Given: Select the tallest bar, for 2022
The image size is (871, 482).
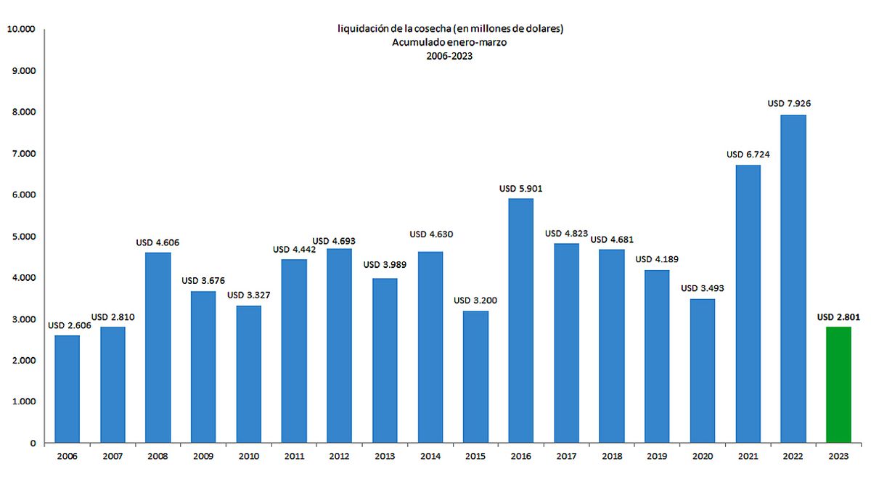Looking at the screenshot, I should [x=793, y=279].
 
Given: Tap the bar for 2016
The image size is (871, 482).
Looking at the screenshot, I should [x=520, y=320].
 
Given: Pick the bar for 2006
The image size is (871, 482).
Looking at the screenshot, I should [x=68, y=388].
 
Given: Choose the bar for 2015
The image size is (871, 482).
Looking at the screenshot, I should [x=475, y=377].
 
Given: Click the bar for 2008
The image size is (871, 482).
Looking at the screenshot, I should [x=158, y=347].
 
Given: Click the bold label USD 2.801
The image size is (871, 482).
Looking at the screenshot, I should [x=838, y=316].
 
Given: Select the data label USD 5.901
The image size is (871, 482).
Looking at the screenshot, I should [x=520, y=189].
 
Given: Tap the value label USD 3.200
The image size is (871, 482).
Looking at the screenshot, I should [x=475, y=301].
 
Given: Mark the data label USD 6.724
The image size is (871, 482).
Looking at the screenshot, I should [x=748, y=155].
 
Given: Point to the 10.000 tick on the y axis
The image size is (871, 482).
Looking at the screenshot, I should [x=20, y=30].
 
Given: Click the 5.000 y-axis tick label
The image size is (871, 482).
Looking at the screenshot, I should [x=23, y=237].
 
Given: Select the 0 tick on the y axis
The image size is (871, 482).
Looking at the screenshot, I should [x=33, y=443].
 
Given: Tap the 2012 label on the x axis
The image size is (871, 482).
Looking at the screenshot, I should [x=340, y=457].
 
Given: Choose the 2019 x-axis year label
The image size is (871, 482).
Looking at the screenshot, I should [x=657, y=457].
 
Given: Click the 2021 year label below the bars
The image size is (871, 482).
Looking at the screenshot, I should [x=748, y=457].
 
